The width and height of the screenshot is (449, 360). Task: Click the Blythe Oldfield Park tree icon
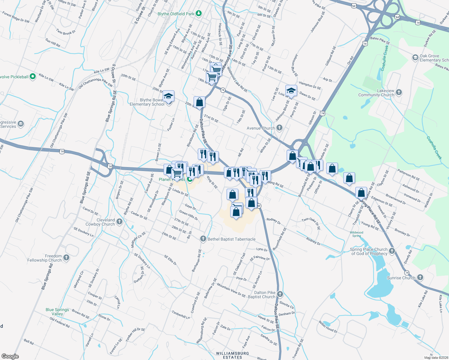pyautogui.click(x=198, y=13)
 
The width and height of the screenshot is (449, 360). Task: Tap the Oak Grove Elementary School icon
pyautogui.click(x=415, y=58)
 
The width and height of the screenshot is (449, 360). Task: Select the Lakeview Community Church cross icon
pyautogui.click(x=399, y=92)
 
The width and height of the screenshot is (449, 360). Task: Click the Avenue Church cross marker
pyautogui.click(x=279, y=128)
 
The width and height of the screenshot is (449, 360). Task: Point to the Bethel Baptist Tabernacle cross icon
pyautogui.click(x=203, y=239)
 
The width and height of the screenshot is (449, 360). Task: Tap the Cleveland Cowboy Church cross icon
pyautogui.click(x=119, y=222)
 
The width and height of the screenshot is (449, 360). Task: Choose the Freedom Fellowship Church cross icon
pyautogui.click(x=66, y=258)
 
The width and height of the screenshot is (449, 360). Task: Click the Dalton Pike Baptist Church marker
pyautogui.click(x=280, y=294)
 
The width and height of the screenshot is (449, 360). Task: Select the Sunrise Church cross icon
pyautogui.click(x=420, y=277)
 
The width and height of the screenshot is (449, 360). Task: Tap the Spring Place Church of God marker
pyautogui.click(x=392, y=251)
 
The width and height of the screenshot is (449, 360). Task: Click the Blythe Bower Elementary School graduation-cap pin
pyautogui.click(x=169, y=96)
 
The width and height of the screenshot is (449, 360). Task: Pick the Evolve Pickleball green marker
pyautogui.click(x=33, y=76)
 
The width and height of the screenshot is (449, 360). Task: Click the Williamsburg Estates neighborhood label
pyautogui.click(x=233, y=355)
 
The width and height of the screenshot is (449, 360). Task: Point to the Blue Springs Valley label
pyautogui.click(x=57, y=312)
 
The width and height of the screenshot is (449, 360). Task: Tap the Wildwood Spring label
pyautogui.click(x=357, y=234)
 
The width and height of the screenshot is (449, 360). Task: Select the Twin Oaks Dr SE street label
pyautogui.click(x=311, y=223)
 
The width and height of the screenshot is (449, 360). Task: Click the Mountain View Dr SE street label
pyautogui.click(x=231, y=290)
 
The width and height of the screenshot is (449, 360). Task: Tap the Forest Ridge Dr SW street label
pyautogui.click(x=16, y=17)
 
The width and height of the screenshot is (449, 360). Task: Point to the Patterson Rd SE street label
pyautogui.click(x=408, y=175)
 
